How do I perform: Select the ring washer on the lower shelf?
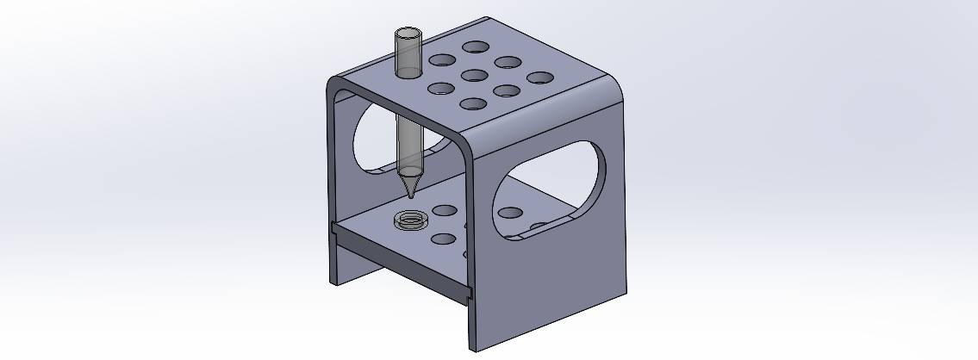410,220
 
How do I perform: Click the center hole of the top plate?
474,76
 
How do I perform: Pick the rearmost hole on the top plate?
475,47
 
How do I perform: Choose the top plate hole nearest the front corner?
473,104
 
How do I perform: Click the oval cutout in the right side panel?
551,189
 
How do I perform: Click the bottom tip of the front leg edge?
472,350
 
